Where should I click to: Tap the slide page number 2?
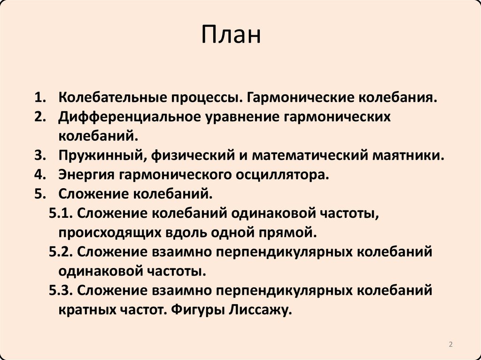coord(450,345)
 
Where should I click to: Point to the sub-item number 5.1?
coord(60,213)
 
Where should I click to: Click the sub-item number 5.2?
coord(60,252)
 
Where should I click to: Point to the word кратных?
coord(87,309)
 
